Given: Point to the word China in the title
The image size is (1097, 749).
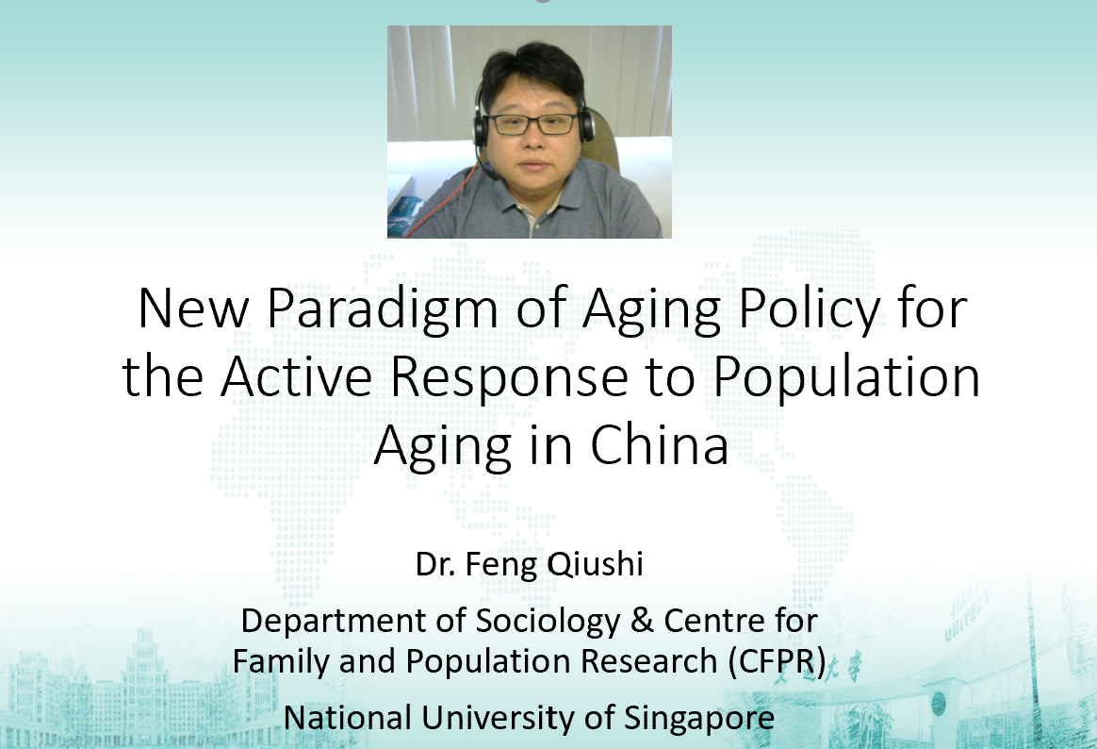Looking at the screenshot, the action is click(659, 445).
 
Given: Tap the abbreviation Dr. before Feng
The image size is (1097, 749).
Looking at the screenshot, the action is click(434, 564).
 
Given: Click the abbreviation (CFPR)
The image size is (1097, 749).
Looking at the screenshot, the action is click(777, 661).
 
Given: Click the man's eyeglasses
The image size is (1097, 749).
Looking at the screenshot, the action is click(533, 125).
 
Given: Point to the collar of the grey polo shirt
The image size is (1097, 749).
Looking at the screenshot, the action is click(533, 194).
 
